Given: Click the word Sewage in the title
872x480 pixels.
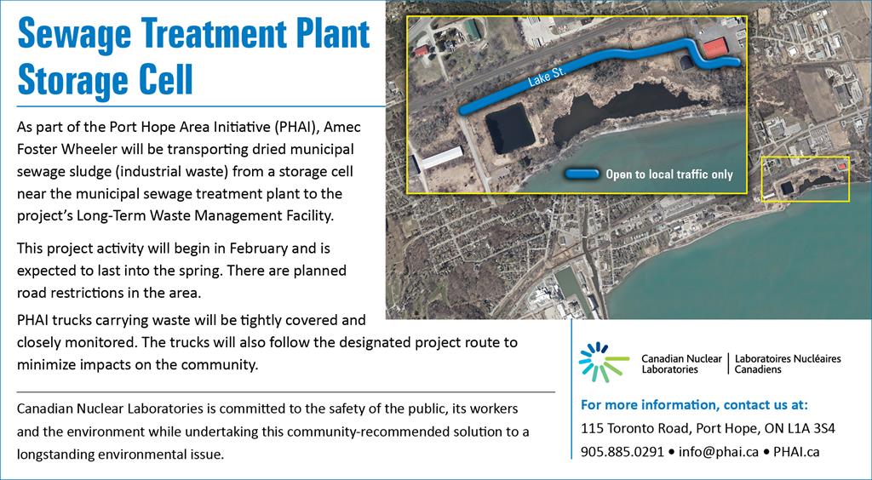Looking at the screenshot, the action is (75, 33).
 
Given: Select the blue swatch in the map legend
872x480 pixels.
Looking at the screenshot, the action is (582, 174).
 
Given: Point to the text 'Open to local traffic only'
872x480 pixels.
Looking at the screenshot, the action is (669, 174).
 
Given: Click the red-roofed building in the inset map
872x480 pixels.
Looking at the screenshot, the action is (715, 49).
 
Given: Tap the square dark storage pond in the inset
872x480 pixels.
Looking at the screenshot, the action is (510, 129).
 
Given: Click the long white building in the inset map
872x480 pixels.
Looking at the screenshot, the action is (442, 157).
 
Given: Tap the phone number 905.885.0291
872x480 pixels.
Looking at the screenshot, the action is (622, 452).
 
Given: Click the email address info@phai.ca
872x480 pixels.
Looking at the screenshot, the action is (716, 452).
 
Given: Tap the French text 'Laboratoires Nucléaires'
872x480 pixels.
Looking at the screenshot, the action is (788, 359).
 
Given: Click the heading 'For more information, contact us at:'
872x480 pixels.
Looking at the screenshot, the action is (694, 404).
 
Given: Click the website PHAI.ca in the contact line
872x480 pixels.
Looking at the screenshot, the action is (796, 452).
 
